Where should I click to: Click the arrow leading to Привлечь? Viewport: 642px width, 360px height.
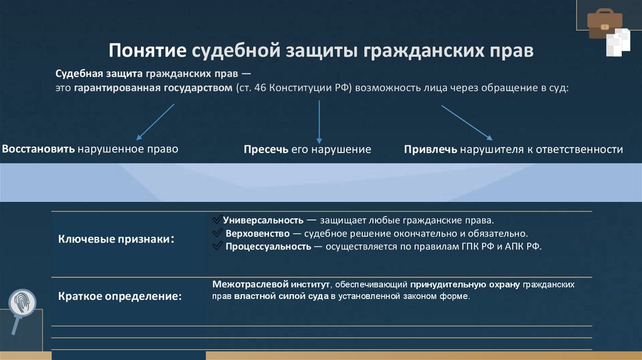[x=466, y=122]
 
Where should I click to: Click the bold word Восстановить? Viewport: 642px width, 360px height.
[x=39, y=149]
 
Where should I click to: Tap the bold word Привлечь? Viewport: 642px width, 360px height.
[x=431, y=150]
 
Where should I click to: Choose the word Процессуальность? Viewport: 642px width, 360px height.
[x=268, y=246]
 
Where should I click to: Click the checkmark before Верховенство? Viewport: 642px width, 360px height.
[x=218, y=233]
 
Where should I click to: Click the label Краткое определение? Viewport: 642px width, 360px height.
[x=120, y=296]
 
